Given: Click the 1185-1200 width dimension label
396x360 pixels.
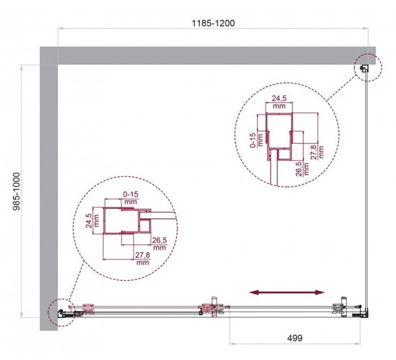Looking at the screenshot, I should pyautogui.click(x=212, y=22).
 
